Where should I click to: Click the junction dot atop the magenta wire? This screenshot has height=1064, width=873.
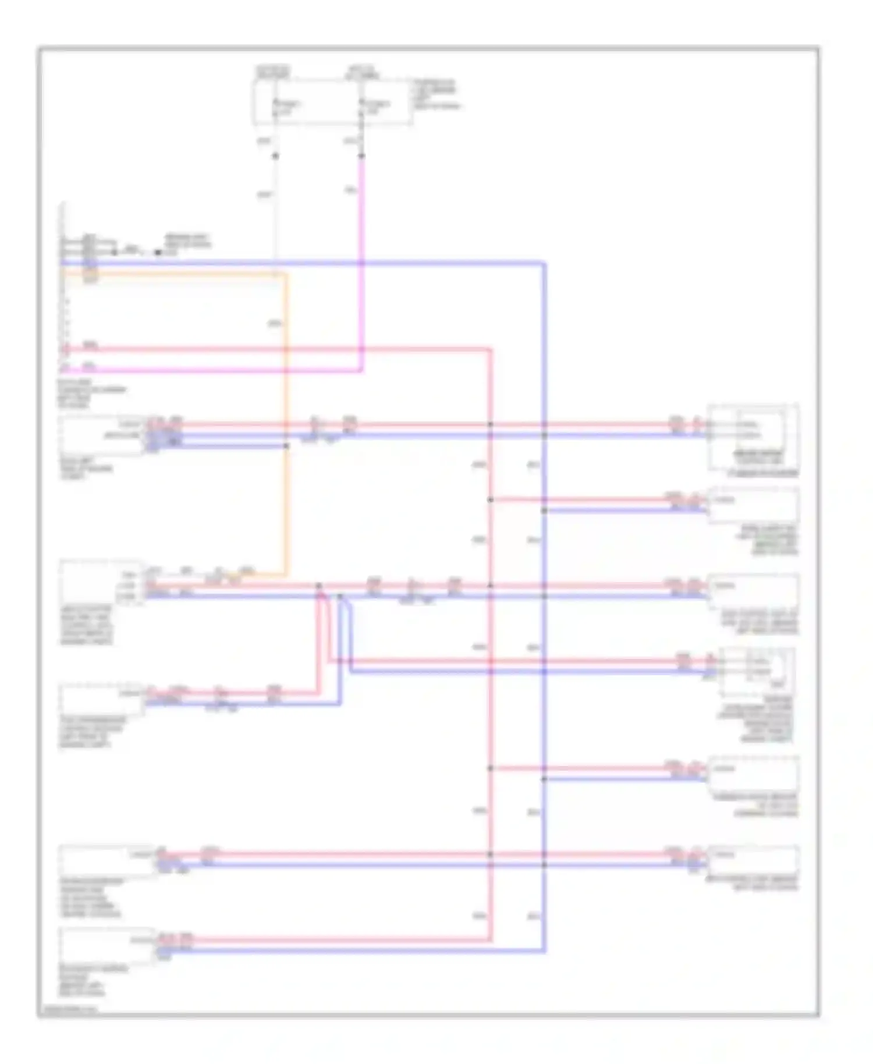361,156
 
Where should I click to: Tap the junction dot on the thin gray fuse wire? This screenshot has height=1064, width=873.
275,156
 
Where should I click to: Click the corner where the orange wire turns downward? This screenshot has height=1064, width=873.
286,274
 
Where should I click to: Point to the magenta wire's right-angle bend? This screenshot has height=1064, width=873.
361,370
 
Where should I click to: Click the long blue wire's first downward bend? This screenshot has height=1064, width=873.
544,264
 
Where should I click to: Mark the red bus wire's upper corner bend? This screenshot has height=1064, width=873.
490,350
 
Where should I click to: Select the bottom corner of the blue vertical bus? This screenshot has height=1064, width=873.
544,951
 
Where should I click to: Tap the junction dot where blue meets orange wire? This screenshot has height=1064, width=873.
286,446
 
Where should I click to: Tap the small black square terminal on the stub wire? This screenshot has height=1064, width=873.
158,253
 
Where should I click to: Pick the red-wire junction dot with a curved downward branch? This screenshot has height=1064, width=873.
319,586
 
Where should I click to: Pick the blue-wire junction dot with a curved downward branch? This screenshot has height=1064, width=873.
340,596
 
